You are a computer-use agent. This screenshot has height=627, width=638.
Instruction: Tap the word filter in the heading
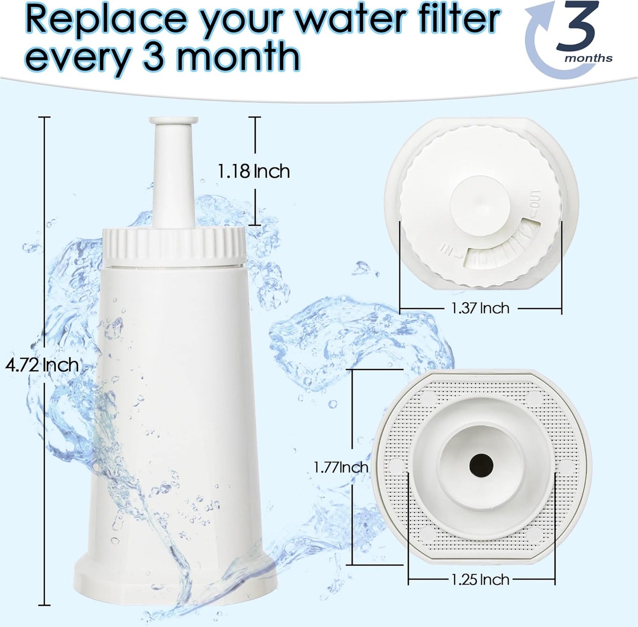click(457, 18)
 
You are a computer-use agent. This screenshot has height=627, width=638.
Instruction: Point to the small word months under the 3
click(589, 59)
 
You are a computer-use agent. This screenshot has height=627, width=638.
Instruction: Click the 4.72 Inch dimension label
click(42, 365)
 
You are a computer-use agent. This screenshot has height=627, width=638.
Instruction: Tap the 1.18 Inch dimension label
click(253, 171)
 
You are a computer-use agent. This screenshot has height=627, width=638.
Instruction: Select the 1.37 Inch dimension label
click(480, 308)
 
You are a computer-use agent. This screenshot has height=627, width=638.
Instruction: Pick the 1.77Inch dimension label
click(341, 467)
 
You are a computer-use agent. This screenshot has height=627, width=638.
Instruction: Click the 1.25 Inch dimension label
click(480, 580)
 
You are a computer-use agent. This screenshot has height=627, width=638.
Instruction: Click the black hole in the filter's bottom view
click(481, 466)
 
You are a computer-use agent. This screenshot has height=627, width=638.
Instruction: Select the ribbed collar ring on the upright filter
click(174, 246)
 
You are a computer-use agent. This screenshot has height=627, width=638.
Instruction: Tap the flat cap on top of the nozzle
click(174, 120)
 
